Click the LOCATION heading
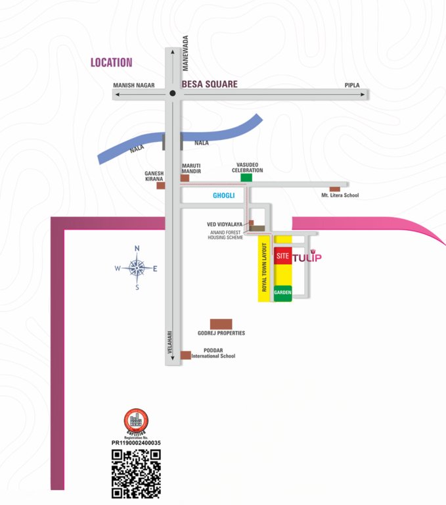[112, 62]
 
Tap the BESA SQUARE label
[210, 84]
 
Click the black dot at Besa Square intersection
[172, 93]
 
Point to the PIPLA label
[352, 85]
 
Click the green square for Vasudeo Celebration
[246, 178]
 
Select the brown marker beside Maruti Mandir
[185, 178]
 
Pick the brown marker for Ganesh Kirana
[161, 185]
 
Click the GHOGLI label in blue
[223, 196]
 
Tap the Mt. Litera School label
[340, 195]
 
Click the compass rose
[137, 268]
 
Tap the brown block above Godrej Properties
[221, 324]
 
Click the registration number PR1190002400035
[136, 443]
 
